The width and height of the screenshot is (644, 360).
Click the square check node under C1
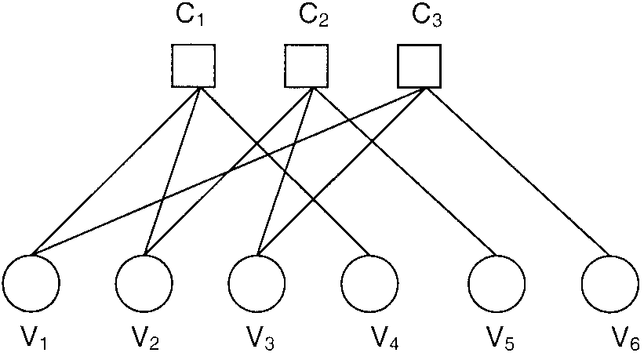[193, 65]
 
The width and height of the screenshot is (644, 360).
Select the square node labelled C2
[306, 65]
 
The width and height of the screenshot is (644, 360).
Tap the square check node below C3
[419, 65]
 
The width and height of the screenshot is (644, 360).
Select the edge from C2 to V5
[404, 172]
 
